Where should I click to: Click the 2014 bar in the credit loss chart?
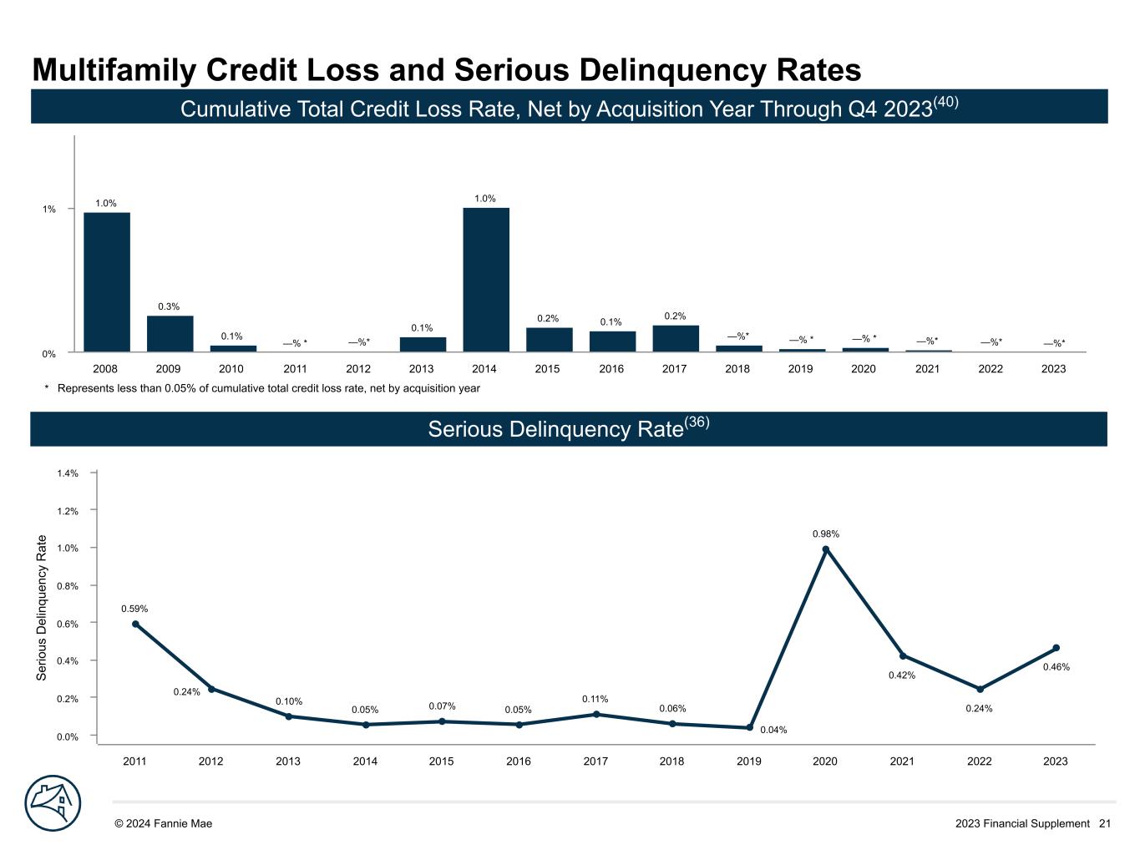(486, 280)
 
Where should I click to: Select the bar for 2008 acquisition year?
(106, 282)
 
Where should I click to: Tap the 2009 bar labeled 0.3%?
(170, 334)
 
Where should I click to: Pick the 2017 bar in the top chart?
(676, 338)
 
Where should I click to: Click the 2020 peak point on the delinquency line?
(826, 549)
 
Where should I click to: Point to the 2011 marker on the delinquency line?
(135, 624)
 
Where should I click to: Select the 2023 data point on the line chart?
(1056, 648)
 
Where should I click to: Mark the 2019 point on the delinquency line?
(749, 727)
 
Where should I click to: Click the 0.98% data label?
(826, 534)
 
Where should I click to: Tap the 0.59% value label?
(134, 610)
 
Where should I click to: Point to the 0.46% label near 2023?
(1056, 667)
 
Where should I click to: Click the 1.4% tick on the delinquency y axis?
(68, 473)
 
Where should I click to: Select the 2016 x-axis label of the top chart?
(611, 369)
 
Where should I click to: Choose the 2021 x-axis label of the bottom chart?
(902, 761)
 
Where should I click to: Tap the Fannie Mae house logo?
(53, 803)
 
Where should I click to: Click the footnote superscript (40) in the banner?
(945, 102)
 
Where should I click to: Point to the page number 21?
(1105, 823)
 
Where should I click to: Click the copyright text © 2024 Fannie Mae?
(163, 823)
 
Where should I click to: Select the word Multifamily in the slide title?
(113, 71)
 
